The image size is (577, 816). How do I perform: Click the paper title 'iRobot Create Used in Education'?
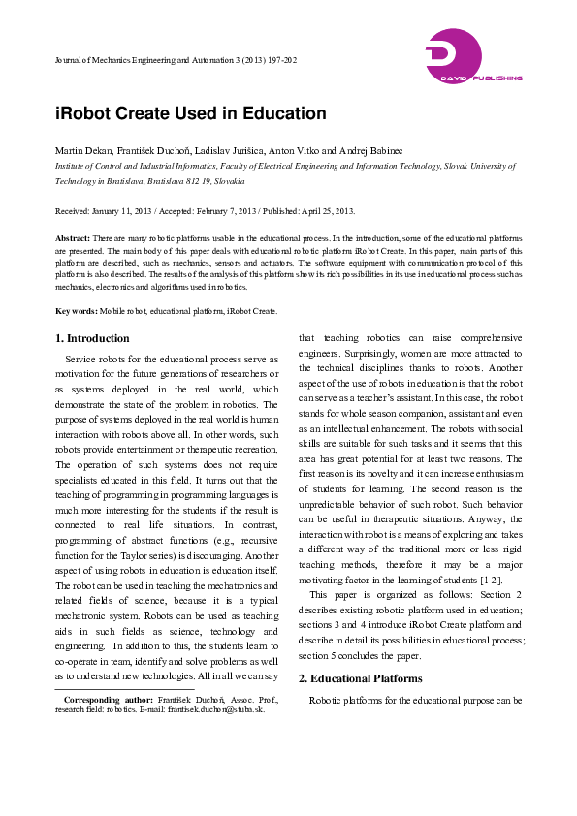point(190,113)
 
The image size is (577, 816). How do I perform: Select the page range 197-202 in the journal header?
point(278,60)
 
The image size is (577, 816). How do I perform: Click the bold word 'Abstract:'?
point(73,237)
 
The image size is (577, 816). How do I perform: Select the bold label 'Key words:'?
point(76,311)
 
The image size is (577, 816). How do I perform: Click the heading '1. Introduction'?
point(92,338)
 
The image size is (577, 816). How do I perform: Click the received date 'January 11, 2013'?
point(125,211)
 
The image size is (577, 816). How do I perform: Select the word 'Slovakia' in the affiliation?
point(229,180)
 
